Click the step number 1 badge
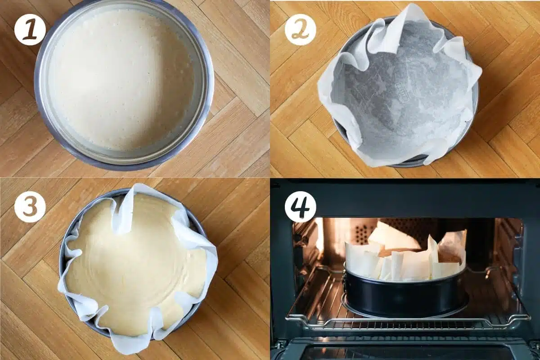coord(30,29)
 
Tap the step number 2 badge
coord(300,29)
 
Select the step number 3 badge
coord(30,207)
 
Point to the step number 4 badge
coord(300,207)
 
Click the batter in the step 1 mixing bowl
coord(121,81)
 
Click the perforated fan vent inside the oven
coord(360,232)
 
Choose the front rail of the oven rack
coord(405,324)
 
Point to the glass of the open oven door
coord(405,352)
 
